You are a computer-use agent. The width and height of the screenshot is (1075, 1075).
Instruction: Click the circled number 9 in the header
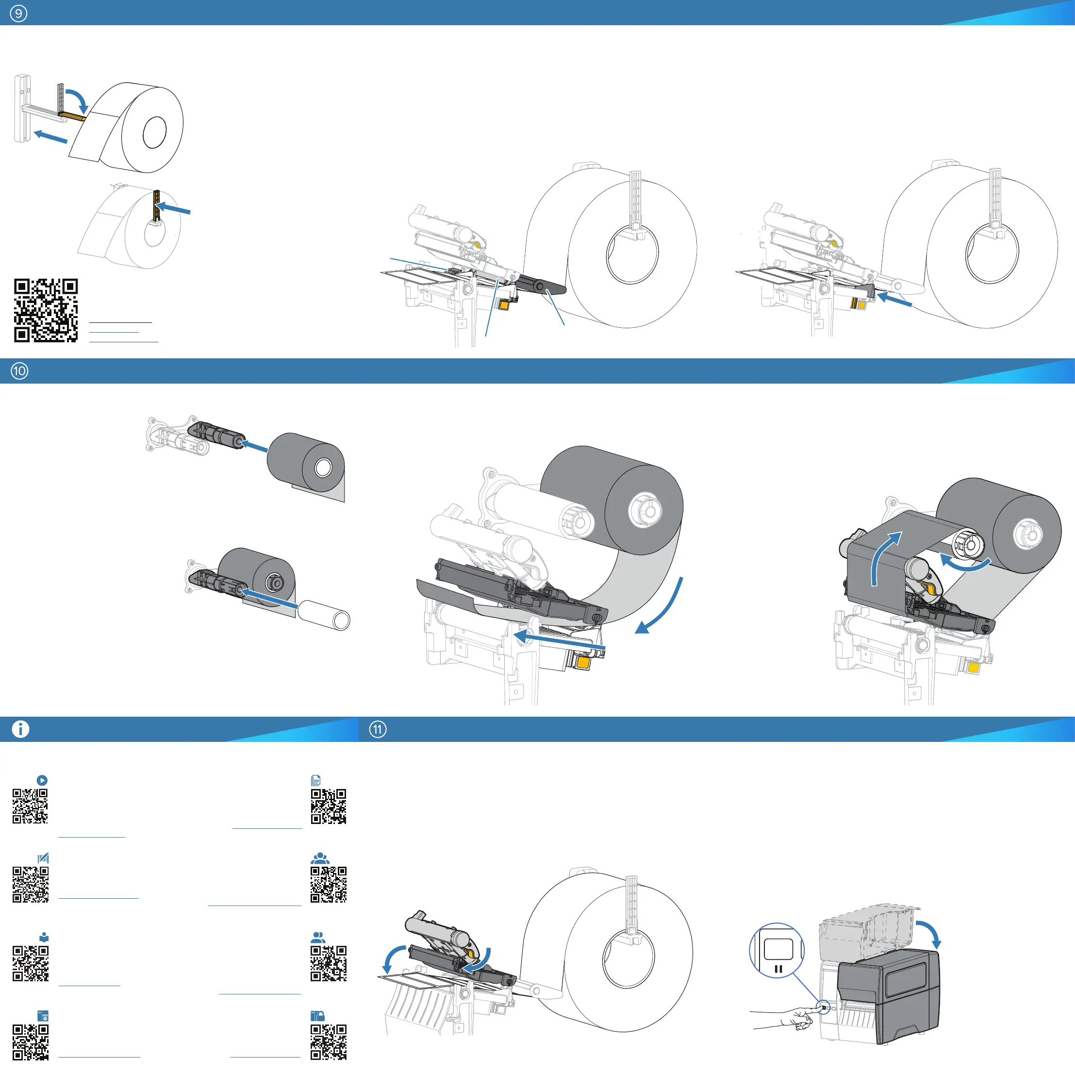coord(18,13)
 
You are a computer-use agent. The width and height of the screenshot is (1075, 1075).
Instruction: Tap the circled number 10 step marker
coord(19,371)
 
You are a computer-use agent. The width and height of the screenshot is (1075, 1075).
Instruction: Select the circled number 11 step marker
coord(378,729)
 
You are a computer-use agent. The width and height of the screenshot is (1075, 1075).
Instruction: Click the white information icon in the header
coord(20,729)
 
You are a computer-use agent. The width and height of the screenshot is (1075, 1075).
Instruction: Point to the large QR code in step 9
coord(46,310)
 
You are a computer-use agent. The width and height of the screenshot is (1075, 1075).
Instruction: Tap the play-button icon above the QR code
coord(42,780)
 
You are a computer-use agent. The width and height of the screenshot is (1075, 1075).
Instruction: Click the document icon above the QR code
coord(315,780)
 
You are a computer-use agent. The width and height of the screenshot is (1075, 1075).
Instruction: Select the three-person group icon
coord(320,858)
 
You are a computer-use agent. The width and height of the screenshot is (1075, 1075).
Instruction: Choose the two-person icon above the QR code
coord(318,938)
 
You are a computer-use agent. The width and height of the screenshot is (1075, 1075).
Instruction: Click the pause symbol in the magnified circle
coord(778,969)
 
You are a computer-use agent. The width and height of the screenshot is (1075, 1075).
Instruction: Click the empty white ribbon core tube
coord(324,615)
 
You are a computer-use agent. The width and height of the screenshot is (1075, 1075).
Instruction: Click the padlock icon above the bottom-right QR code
coord(317,1016)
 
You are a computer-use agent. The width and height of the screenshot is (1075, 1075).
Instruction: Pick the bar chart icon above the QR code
coord(43,858)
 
